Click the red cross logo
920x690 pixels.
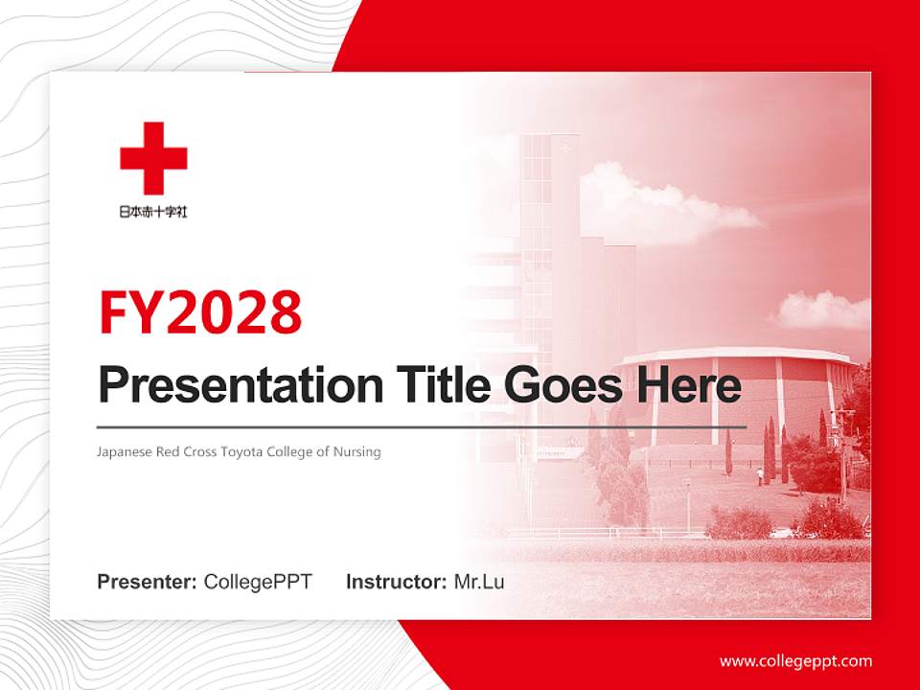click(153, 158)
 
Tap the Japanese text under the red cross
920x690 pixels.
click(153, 212)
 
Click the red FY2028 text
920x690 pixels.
click(200, 311)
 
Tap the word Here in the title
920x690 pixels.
click(689, 386)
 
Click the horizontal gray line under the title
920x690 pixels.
click(422, 426)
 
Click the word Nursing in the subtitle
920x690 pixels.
click(357, 451)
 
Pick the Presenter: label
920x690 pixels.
click(148, 582)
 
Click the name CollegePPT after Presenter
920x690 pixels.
click(258, 582)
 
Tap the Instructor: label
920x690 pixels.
click(396, 582)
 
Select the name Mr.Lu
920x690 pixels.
click(479, 582)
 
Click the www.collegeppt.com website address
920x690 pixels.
click(795, 660)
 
